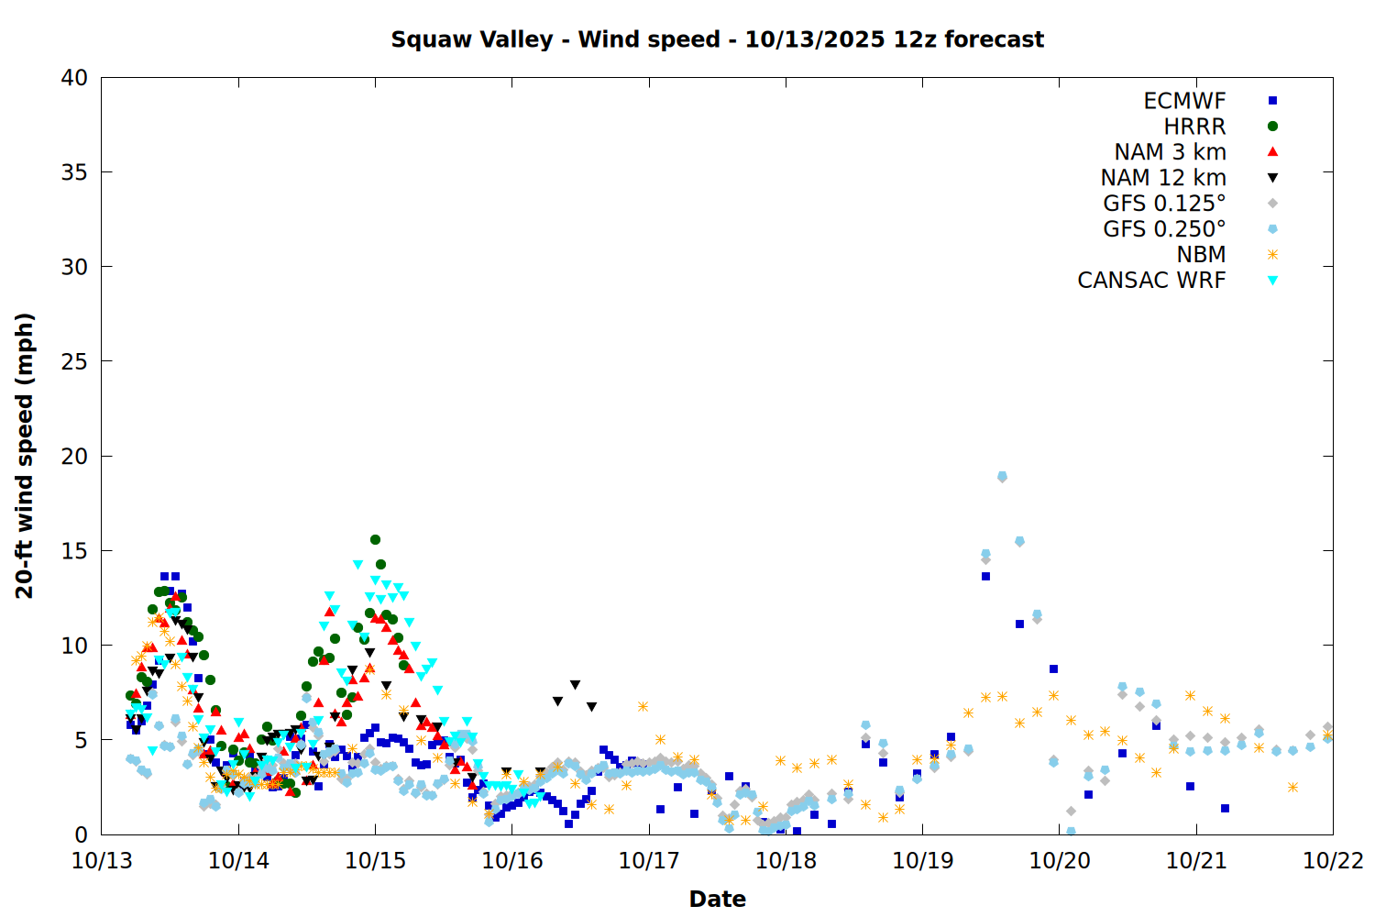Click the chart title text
(717, 39)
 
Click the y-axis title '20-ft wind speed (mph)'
(25, 456)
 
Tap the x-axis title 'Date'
(717, 899)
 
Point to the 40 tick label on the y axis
(74, 78)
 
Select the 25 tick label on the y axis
(74, 361)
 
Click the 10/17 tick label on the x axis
(649, 861)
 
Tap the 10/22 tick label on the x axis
(1333, 861)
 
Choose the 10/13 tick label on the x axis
(102, 861)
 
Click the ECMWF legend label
(1184, 101)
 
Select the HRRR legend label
(1194, 127)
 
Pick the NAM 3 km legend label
(1170, 152)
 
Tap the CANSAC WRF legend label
(1151, 281)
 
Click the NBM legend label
(1201, 255)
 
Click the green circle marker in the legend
(1272, 127)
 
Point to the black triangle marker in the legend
(1272, 178)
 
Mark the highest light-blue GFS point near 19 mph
(1002, 476)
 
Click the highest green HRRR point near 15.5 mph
(375, 539)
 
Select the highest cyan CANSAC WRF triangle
(357, 565)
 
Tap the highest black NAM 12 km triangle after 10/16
(575, 685)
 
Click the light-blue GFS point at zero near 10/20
(1071, 832)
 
